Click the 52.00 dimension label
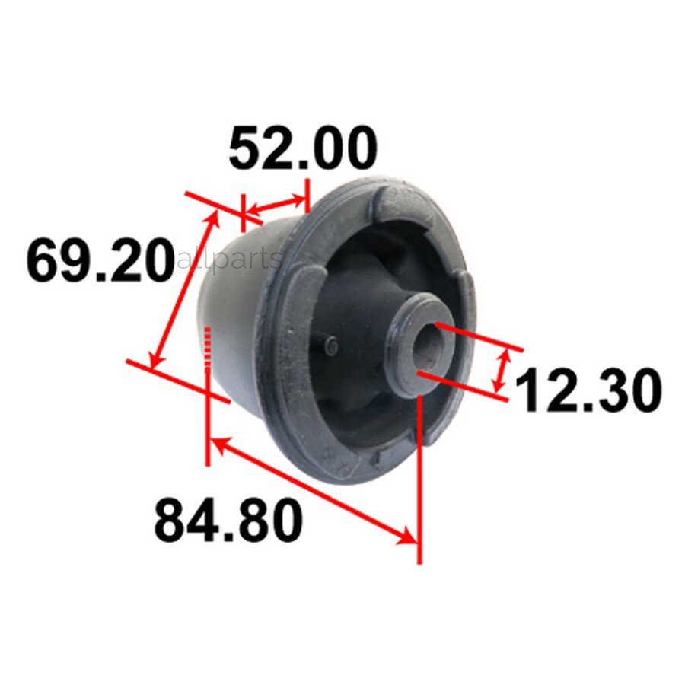tap(302, 148)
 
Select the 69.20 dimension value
tap(100, 260)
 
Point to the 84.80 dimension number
tap(228, 521)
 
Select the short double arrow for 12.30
tap(501, 371)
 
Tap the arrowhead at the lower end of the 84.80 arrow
tap(406, 537)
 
